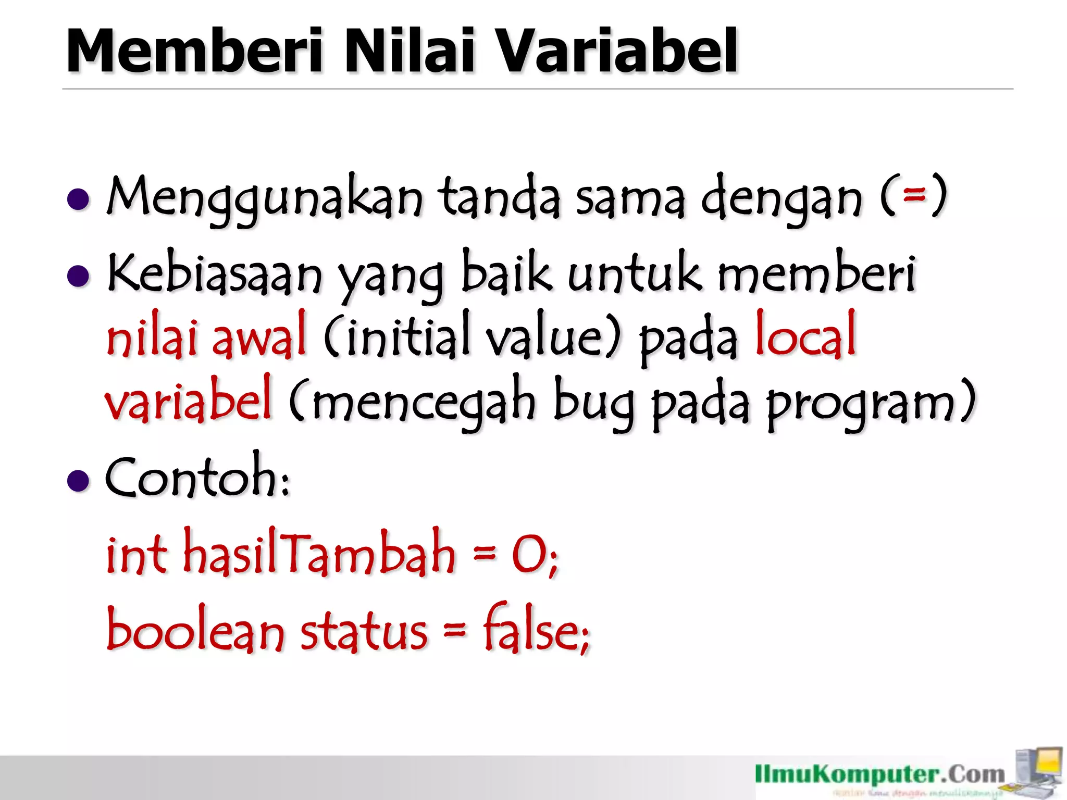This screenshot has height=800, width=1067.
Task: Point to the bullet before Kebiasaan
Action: coord(79,276)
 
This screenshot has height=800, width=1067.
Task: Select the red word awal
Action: coord(259,336)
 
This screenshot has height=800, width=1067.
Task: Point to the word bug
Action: coord(594,402)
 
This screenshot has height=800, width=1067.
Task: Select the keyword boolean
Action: coord(195,630)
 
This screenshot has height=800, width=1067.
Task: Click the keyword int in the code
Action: coord(137,554)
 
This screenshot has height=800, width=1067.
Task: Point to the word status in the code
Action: coord(364,631)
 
